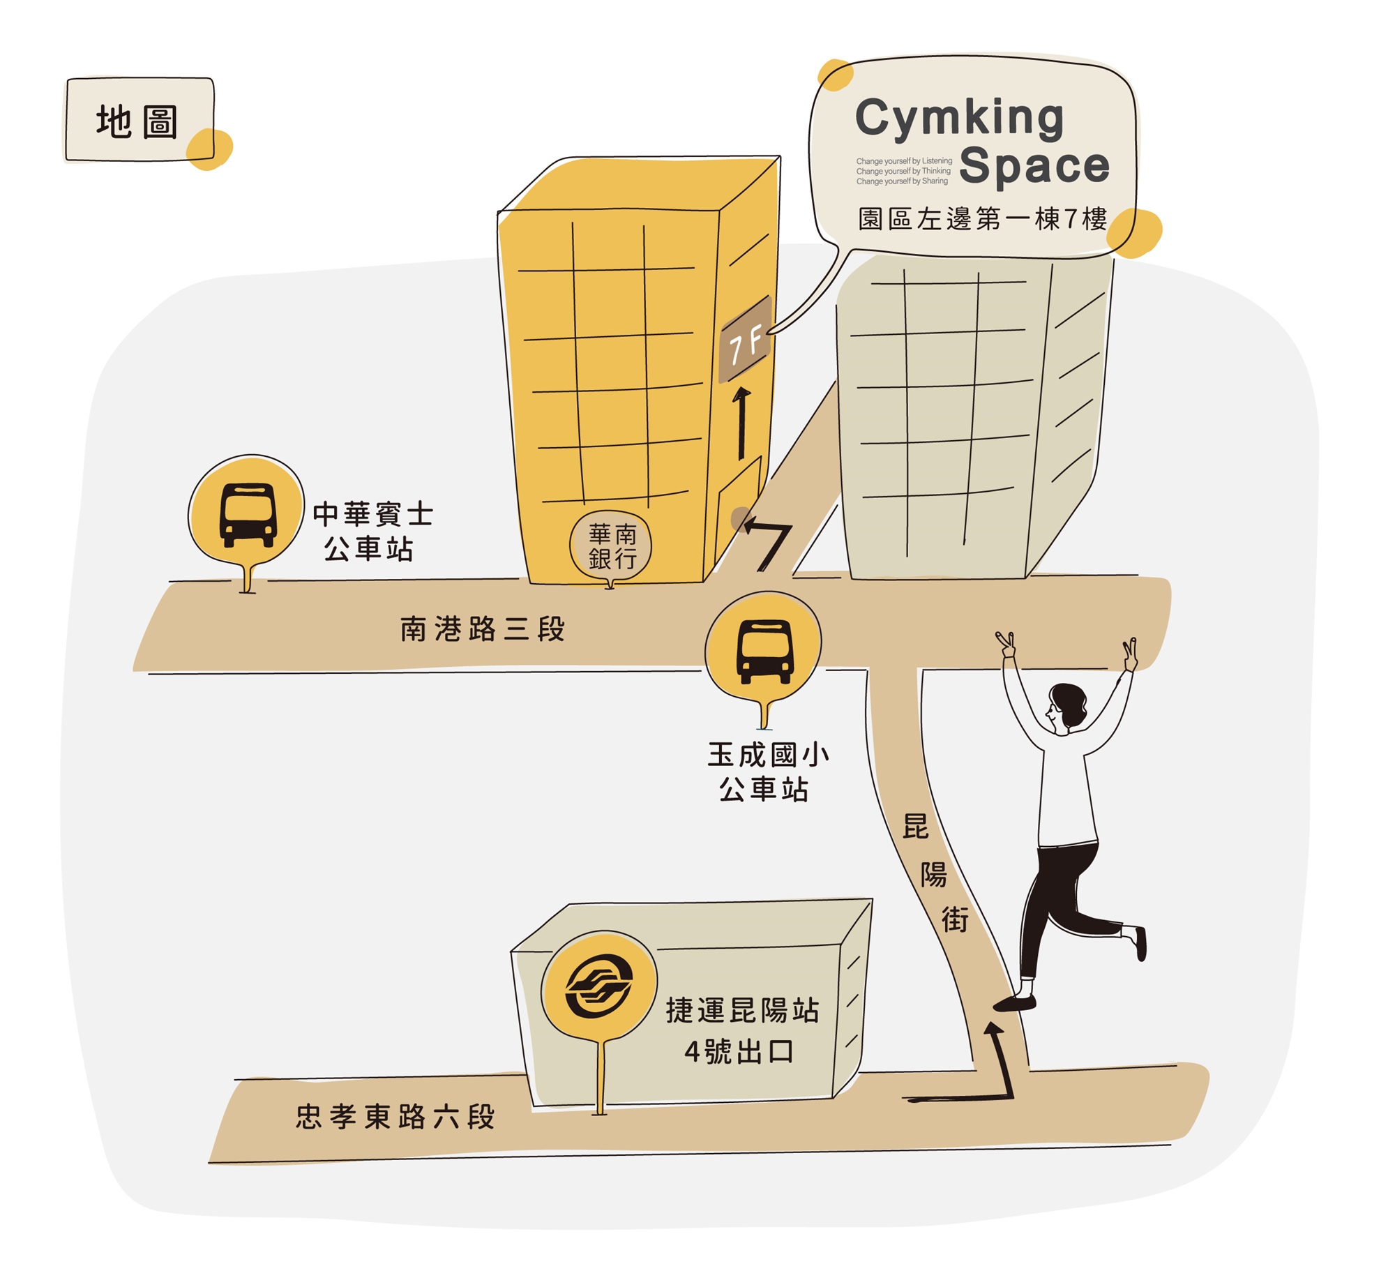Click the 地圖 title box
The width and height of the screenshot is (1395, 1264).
[138, 121]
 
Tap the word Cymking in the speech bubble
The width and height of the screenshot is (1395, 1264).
[959, 117]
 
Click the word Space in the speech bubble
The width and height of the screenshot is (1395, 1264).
[1034, 166]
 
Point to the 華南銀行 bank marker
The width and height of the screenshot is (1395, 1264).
[611, 548]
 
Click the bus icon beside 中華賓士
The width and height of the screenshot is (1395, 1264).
[248, 515]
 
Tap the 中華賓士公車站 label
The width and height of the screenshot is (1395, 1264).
[372, 532]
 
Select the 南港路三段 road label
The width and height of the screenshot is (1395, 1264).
[483, 629]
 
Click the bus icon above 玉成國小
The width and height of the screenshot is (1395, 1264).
[764, 651]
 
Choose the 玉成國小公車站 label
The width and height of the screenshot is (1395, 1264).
[767, 772]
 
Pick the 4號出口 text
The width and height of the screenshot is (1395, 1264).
[739, 1051]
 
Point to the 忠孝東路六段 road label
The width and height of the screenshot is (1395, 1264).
[395, 1117]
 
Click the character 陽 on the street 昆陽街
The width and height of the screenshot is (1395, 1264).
[934, 875]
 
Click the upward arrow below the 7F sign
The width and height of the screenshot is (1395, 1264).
[741, 423]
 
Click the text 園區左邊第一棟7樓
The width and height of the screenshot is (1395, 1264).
[982, 219]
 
